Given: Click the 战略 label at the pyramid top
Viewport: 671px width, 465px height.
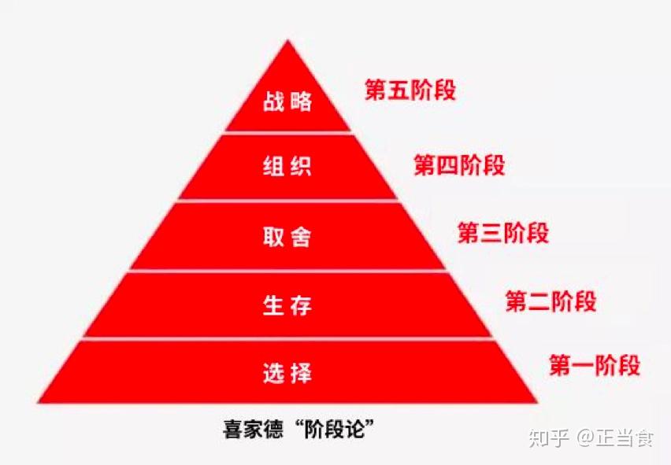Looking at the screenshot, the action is pyautogui.click(x=287, y=102).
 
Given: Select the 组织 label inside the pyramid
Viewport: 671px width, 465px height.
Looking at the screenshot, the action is pyautogui.click(x=287, y=168).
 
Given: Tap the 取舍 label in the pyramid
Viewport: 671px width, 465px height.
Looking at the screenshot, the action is pyautogui.click(x=287, y=237).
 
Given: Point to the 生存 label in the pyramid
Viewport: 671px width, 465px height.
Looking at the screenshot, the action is pyautogui.click(x=287, y=304).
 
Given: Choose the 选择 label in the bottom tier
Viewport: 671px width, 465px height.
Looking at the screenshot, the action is pyautogui.click(x=287, y=372).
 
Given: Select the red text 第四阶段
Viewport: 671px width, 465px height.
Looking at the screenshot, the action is pyautogui.click(x=459, y=165).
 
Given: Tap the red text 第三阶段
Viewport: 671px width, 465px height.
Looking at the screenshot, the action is pyautogui.click(x=503, y=234).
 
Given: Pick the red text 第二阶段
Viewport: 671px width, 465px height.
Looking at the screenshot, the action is pyautogui.click(x=551, y=301).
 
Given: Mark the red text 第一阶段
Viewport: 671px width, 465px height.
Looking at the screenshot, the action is pyautogui.click(x=595, y=367).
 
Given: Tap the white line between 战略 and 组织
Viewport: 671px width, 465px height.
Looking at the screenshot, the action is pyautogui.click(x=287, y=133).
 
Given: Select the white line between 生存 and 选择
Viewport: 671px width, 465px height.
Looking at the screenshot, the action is pyautogui.click(x=287, y=339).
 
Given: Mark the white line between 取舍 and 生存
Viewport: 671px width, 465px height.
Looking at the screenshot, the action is pyautogui.click(x=287, y=271).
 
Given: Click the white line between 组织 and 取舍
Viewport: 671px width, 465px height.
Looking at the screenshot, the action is pyautogui.click(x=287, y=201).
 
